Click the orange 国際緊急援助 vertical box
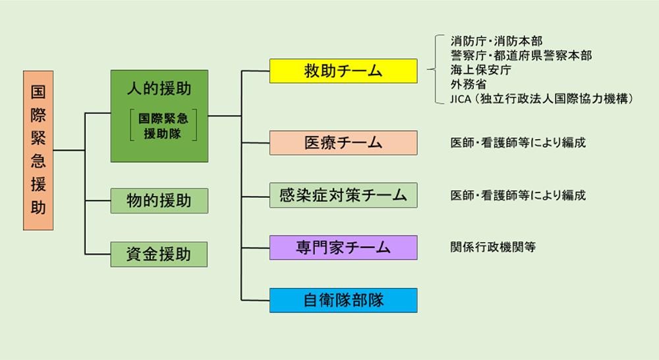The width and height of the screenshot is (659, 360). (x=38, y=150)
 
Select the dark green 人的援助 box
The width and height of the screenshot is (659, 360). (x=159, y=115)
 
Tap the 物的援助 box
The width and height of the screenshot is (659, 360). (x=159, y=200)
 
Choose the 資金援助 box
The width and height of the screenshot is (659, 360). (x=159, y=254)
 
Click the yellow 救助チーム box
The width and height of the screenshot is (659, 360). (x=343, y=71)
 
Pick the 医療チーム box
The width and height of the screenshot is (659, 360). (x=343, y=142)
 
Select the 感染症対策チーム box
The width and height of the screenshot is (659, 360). (x=343, y=195)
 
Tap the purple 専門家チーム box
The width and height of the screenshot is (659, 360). (x=343, y=247)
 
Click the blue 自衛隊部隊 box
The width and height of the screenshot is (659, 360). (x=343, y=300)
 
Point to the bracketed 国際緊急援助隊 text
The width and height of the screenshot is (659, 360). (x=163, y=126)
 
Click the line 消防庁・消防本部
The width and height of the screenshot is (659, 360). (x=496, y=41)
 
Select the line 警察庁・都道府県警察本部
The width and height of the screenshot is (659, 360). (x=521, y=55)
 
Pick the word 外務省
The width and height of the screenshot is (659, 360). (x=468, y=84)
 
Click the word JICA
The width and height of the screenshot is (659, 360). (x=461, y=99)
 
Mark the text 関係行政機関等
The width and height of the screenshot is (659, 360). (x=493, y=247)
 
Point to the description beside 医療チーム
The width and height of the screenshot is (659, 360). (x=518, y=142)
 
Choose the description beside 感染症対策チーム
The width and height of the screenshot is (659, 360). (x=518, y=195)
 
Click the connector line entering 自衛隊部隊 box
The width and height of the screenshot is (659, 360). (x=255, y=300)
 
